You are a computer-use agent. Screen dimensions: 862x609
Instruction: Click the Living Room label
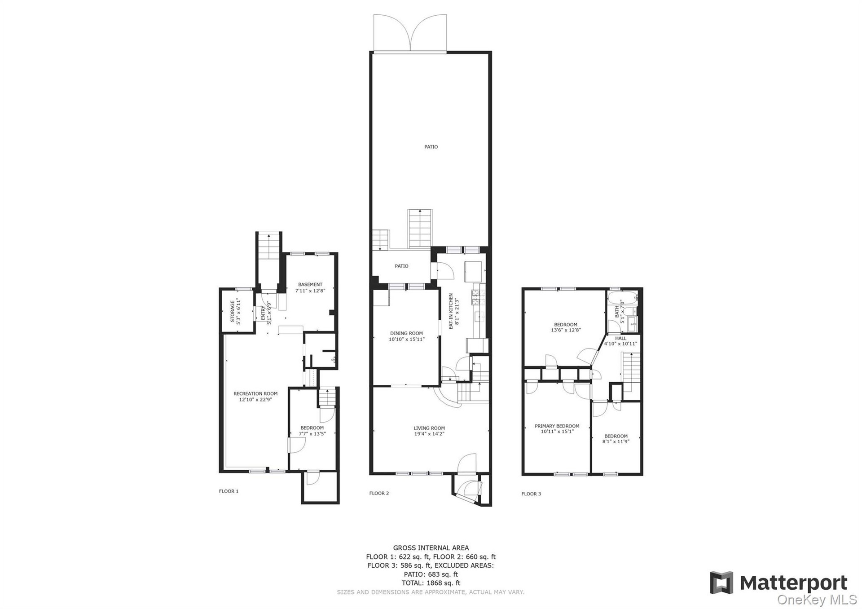point(429,428)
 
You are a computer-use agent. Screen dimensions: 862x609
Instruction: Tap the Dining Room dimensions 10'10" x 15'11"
point(406,339)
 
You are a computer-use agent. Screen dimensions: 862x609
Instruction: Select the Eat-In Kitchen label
point(451,311)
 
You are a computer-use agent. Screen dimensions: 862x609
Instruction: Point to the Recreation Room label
point(255,393)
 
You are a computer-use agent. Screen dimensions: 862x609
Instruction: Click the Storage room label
point(232,311)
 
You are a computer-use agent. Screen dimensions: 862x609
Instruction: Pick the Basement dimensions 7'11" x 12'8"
point(310,291)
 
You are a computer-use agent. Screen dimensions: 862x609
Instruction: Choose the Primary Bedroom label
point(557,426)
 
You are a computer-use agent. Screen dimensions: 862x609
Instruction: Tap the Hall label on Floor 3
point(620,338)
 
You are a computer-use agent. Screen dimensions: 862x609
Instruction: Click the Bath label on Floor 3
point(617,310)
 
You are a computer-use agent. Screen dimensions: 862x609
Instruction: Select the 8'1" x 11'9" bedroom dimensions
point(616,441)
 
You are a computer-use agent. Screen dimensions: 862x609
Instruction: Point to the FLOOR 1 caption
point(229,491)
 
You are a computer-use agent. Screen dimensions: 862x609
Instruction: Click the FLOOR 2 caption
point(379,493)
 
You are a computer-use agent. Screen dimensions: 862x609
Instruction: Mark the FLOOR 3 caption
point(531,494)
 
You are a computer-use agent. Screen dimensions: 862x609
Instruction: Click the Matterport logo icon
point(721,583)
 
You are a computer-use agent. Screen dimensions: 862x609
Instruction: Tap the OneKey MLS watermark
point(817,600)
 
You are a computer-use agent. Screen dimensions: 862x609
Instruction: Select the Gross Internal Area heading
point(431,547)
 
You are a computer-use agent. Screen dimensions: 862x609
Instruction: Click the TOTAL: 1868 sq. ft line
point(431,583)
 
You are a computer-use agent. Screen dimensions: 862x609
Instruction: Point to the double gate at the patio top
point(410,33)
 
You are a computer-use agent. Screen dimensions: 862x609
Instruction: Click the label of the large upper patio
point(431,146)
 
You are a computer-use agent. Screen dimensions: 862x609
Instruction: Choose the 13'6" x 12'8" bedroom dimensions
point(566,330)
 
